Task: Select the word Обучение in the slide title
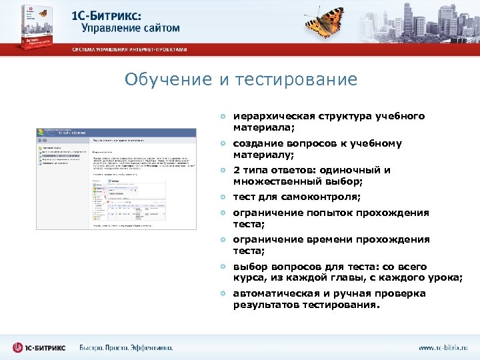(x=169, y=80)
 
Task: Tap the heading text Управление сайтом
(x=131, y=27)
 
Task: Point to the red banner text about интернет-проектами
(x=130, y=49)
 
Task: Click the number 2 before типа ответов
(x=236, y=170)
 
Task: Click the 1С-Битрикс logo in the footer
(x=40, y=347)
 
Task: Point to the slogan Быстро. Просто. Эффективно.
(x=125, y=347)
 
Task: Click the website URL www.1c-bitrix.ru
(x=443, y=348)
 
